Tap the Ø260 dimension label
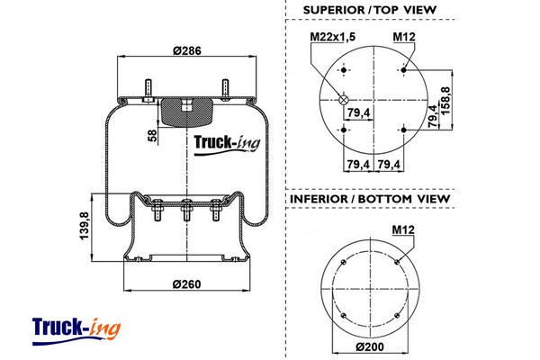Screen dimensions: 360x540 [185, 285]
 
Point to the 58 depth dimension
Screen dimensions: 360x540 [152, 135]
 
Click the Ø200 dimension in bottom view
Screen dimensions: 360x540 [371, 347]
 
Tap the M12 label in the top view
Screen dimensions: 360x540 [404, 37]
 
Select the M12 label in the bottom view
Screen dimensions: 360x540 [402, 229]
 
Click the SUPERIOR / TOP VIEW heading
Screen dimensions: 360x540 [370, 10]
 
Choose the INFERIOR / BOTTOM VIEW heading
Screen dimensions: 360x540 [370, 198]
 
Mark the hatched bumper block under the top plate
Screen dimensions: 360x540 [187, 112]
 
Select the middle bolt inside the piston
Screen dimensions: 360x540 [187, 212]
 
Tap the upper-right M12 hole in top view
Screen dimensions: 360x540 [405, 69]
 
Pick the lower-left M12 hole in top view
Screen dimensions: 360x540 [344, 131]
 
